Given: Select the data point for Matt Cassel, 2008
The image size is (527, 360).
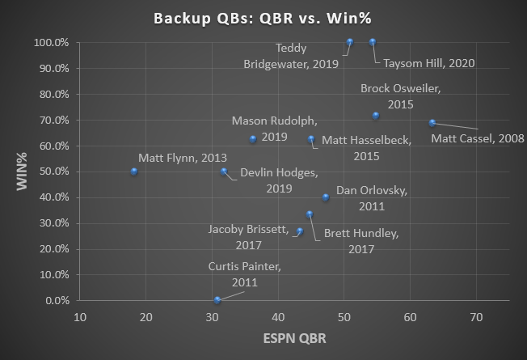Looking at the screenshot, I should pos(432,123).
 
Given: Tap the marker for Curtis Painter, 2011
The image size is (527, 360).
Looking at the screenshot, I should pos(217,300).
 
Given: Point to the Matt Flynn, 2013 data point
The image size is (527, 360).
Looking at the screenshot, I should pos(134,172).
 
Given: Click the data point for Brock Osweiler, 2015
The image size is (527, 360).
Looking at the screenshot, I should pos(376,115).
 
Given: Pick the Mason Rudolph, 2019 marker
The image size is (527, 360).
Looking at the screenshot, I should pos(253,138).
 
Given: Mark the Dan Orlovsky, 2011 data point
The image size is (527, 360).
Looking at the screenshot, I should pos(326,197).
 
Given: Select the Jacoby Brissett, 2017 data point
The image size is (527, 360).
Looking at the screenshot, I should pos(300,231).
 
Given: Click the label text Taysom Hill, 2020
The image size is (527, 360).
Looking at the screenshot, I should pos(428,63).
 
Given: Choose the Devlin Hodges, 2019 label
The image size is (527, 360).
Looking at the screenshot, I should pos(279,180).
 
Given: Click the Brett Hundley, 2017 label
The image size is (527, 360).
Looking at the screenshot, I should pos(360,241).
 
